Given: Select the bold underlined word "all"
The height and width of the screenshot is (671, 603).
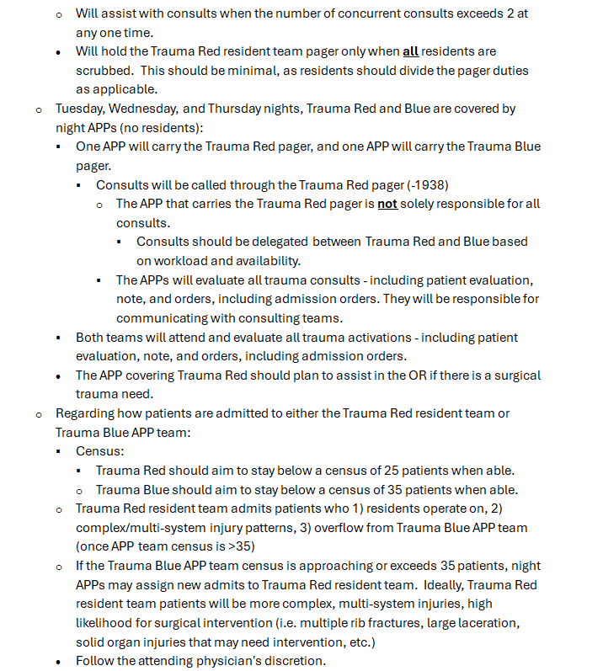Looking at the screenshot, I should [411, 51].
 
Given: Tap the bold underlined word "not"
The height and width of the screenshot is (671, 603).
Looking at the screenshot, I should [387, 204].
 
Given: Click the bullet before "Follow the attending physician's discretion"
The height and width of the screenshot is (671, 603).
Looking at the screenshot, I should [59, 662].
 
